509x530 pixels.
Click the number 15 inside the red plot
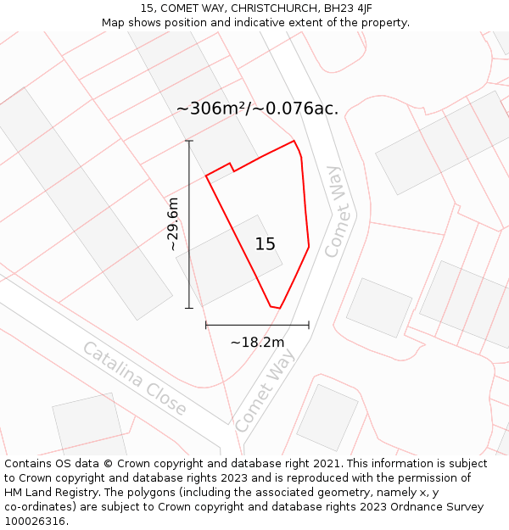tap(266, 244)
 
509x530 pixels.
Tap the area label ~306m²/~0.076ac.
tap(257, 109)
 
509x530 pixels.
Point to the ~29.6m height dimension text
tap(173, 224)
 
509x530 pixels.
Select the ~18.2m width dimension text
tap(257, 343)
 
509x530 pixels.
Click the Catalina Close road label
tap(134, 378)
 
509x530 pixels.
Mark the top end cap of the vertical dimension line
tap(189, 141)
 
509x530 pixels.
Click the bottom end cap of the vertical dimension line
tap(189, 308)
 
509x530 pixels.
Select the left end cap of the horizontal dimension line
tap(206, 325)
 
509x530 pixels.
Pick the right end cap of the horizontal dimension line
tap(309, 325)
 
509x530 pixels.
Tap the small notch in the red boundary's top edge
tap(231, 166)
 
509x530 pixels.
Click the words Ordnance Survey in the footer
tap(439, 507)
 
